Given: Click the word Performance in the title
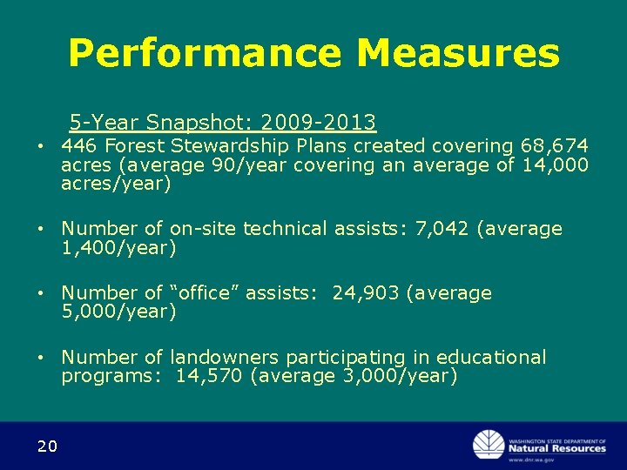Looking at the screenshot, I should pyautogui.click(x=206, y=53).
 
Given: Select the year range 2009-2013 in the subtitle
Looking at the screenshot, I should pyautogui.click(x=318, y=122).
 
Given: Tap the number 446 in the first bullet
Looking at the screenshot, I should pyautogui.click(x=79, y=145).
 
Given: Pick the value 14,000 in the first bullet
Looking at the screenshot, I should pyautogui.click(x=555, y=164).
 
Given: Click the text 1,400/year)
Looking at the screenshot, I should pyautogui.click(x=118, y=248).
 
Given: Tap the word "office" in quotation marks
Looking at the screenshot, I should pyautogui.click(x=205, y=293).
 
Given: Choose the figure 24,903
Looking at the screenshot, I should pyautogui.click(x=365, y=293).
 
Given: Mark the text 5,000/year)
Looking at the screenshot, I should pyautogui.click(x=118, y=312).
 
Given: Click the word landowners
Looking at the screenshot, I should pyautogui.click(x=224, y=358).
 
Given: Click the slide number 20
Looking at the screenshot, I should pyautogui.click(x=47, y=446).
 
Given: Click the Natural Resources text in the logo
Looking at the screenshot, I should pyautogui.click(x=557, y=448).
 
